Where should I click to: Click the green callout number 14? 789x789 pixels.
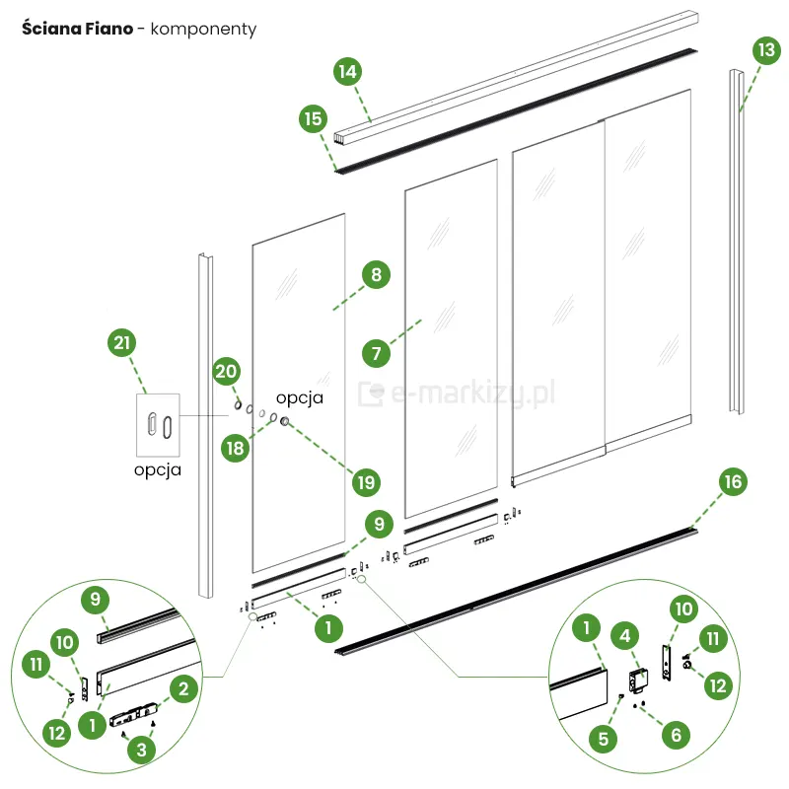(x=346, y=71)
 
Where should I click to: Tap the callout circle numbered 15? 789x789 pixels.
(x=313, y=119)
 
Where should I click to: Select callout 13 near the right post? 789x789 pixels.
(x=764, y=48)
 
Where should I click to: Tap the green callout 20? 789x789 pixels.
(x=227, y=372)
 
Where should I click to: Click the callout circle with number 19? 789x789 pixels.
(x=365, y=482)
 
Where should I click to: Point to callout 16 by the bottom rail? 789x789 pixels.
(x=731, y=481)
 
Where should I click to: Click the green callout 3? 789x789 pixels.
(x=144, y=750)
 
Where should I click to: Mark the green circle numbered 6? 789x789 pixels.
(x=676, y=734)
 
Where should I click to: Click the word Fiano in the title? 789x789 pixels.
(x=108, y=29)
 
